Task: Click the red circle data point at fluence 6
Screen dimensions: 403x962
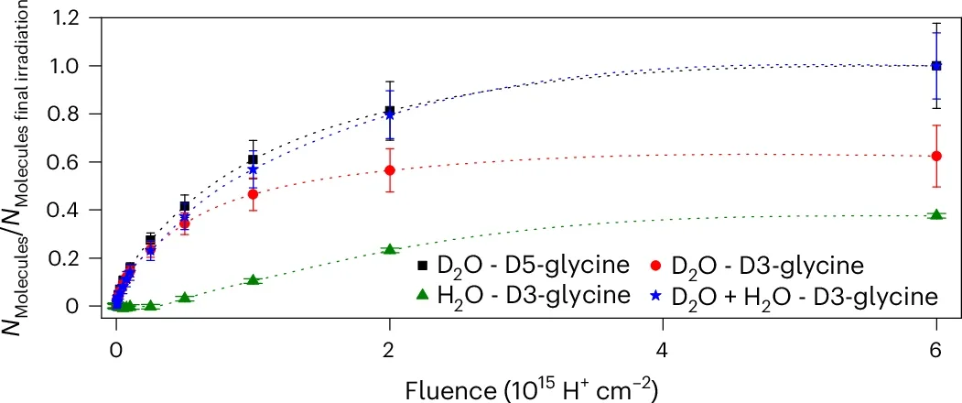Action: [x=935, y=156]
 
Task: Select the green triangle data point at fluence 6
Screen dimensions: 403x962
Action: [x=935, y=214]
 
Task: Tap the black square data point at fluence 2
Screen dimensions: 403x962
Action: [x=390, y=110]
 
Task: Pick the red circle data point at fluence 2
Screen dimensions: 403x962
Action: [x=390, y=170]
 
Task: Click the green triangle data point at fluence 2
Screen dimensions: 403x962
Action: [x=390, y=249]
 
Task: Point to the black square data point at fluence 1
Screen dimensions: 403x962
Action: [x=254, y=159]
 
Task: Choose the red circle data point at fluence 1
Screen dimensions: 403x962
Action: [x=254, y=194]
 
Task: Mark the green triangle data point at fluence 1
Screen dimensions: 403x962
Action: [x=254, y=279]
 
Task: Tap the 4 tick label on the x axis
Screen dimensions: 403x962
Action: [x=663, y=349]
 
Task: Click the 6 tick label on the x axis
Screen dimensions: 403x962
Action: [x=935, y=349]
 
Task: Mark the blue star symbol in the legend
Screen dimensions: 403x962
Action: [x=656, y=296]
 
